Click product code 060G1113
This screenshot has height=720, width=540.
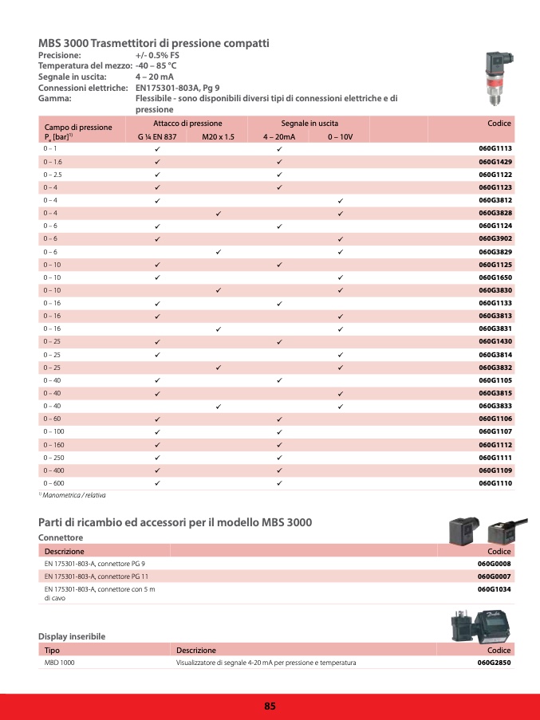click(x=495, y=149)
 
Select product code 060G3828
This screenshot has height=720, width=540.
click(x=495, y=213)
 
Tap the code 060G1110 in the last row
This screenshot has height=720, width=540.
click(x=495, y=483)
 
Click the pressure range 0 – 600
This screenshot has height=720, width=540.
click(x=53, y=483)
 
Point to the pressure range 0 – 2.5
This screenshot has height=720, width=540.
click(x=52, y=175)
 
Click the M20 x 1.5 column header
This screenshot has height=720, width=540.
click(x=218, y=137)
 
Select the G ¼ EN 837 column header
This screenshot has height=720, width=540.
click(x=157, y=137)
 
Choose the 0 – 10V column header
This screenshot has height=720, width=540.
click(x=341, y=137)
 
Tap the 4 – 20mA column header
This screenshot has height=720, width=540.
click(x=279, y=137)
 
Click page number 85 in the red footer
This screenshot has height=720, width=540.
click(x=270, y=706)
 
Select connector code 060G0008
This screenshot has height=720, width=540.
click(x=495, y=564)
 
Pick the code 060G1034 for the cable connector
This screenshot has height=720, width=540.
click(x=495, y=589)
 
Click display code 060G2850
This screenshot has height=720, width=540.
click(x=495, y=663)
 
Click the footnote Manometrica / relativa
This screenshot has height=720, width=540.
click(x=75, y=495)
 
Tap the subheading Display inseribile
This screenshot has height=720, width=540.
click(x=72, y=636)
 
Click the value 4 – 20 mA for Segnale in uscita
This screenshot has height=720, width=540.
click(x=155, y=77)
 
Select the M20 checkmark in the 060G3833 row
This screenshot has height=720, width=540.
click(x=218, y=406)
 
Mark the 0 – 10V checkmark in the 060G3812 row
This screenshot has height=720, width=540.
click(x=341, y=200)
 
